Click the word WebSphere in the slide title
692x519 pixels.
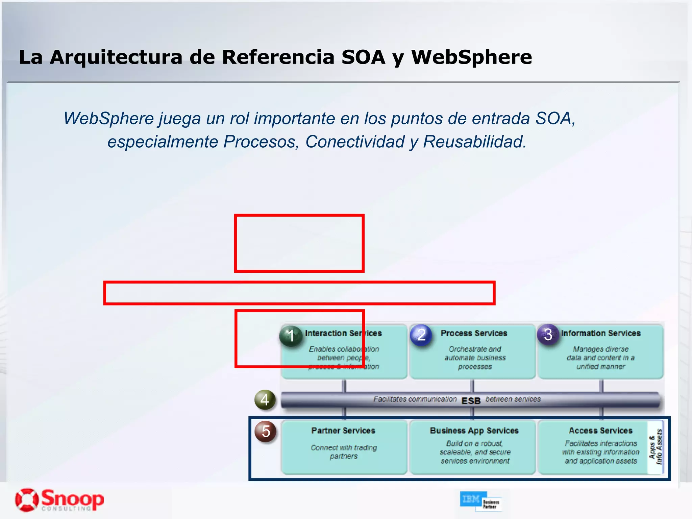[471, 57]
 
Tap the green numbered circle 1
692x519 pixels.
[291, 336]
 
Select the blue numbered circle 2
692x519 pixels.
[421, 335]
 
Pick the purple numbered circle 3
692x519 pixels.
[548, 335]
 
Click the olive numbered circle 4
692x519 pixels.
[265, 400]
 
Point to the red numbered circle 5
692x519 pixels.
[266, 431]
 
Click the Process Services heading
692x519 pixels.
[474, 333]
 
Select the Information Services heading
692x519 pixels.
[601, 333]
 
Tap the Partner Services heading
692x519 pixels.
[343, 430]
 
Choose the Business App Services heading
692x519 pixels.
[474, 430]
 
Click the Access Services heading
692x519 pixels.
[600, 430]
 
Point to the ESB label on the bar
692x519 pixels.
[471, 401]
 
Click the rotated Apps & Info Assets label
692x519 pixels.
[656, 447]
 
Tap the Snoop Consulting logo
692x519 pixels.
[59, 500]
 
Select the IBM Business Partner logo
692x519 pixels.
[480, 500]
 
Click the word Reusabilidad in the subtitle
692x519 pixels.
[474, 142]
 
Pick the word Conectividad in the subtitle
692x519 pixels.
[355, 142]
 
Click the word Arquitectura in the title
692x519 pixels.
[116, 57]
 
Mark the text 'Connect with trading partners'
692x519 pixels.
[344, 452]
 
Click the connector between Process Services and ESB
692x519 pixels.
[472, 386]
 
